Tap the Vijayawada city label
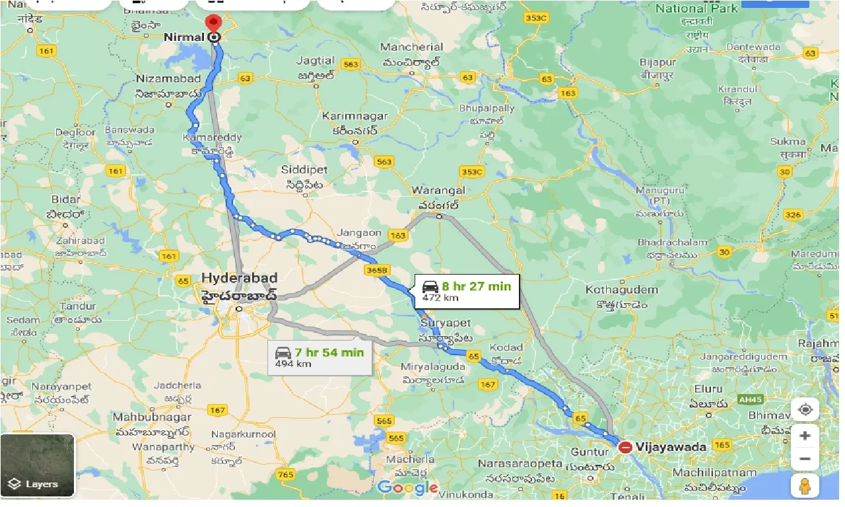click(671, 447)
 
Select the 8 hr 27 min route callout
click(466, 291)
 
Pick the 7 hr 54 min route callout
click(320, 357)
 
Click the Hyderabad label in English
click(240, 278)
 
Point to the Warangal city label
click(438, 190)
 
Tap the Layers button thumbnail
click(38, 465)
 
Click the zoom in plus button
click(805, 436)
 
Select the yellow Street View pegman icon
click(805, 486)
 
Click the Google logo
click(408, 488)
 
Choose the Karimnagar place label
click(355, 116)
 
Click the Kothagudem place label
click(622, 290)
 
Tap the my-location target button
click(805, 410)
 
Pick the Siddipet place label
click(304, 170)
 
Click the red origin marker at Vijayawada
click(625, 448)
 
